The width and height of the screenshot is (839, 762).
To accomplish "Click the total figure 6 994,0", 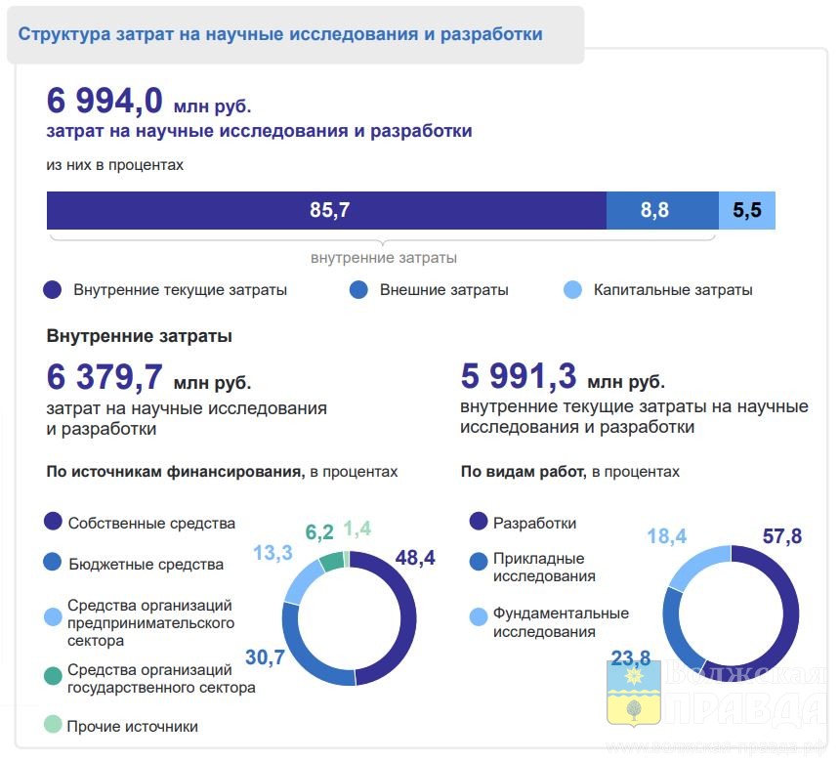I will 105,102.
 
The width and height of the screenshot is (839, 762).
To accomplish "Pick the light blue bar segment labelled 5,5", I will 747,210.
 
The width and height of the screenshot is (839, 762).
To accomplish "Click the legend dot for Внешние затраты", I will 358,290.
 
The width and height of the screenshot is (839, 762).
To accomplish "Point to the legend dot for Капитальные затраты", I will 573,290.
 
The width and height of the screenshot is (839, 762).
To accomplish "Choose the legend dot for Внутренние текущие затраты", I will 54,290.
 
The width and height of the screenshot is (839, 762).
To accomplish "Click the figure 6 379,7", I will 105,377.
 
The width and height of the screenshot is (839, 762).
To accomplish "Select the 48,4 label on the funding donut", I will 415,559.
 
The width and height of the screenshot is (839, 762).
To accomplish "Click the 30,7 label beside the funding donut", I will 265,657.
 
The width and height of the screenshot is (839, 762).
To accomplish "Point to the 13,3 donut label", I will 273,553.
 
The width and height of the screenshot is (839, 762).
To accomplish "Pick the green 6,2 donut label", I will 319,532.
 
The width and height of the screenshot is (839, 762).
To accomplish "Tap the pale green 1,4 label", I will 357,529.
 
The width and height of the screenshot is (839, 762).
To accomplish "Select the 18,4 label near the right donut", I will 667,536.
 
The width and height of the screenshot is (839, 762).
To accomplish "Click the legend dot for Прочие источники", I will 54,726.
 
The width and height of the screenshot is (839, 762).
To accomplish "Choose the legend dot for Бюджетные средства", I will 54,563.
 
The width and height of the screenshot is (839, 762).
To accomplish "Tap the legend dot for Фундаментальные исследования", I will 479,616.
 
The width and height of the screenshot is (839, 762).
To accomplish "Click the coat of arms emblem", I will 634,692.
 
